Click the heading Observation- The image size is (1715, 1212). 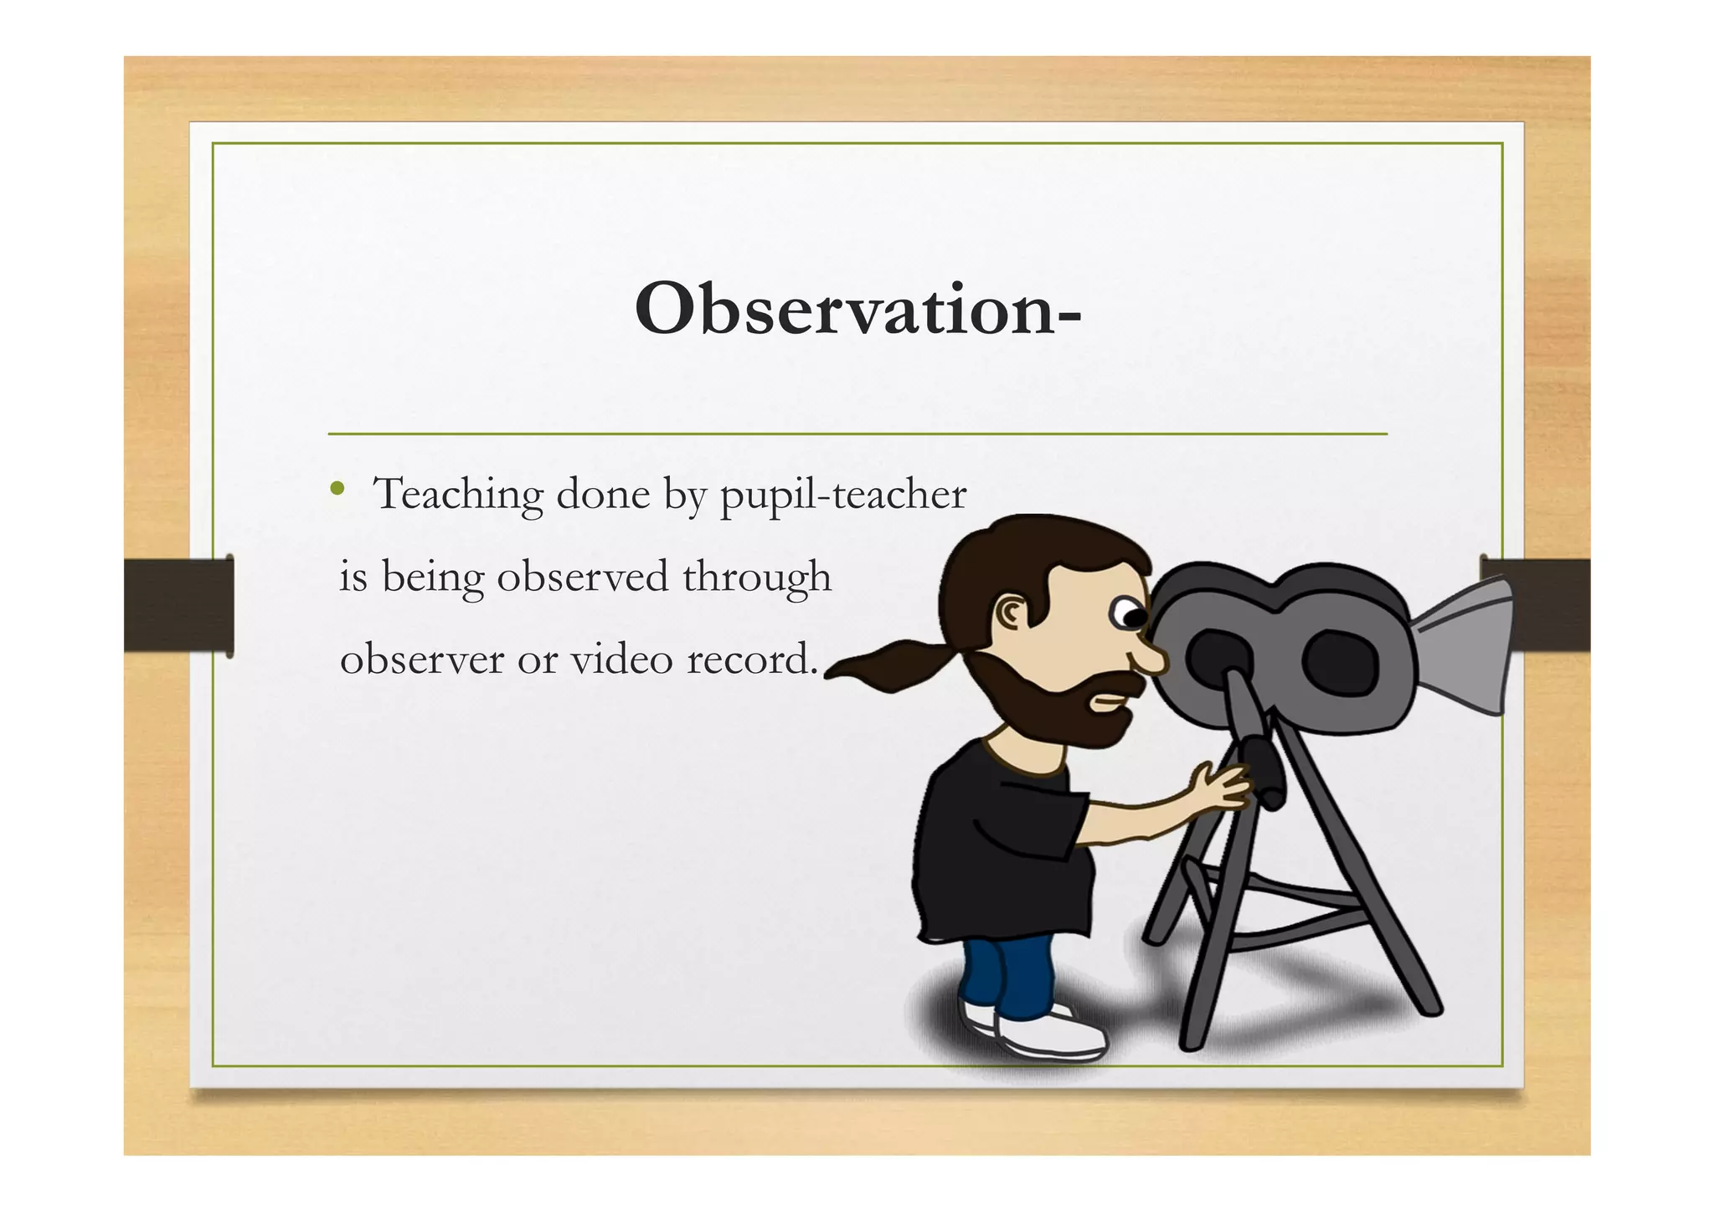pos(857,310)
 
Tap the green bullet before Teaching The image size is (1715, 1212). pos(337,489)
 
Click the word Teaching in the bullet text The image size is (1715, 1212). pos(458,494)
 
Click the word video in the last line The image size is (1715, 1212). pos(621,660)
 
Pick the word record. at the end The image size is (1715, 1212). pos(752,660)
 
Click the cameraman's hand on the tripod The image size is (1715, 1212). pos(1219,787)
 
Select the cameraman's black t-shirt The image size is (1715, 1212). pos(997,845)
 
